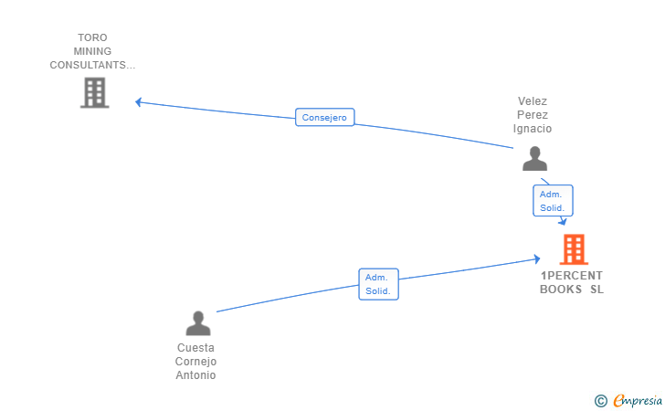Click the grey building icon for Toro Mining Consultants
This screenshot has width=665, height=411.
[95, 92]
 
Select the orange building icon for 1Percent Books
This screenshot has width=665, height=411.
[574, 249]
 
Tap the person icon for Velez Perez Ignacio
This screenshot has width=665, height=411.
[534, 159]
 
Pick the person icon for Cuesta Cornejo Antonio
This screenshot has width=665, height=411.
[198, 323]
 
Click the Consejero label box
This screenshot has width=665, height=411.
[325, 117]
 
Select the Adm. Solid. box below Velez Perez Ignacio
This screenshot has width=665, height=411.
[553, 201]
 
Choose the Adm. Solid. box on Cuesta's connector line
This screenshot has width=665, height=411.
[378, 284]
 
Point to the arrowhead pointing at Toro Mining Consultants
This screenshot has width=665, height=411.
[138, 102]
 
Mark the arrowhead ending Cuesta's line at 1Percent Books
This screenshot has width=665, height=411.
[537, 258]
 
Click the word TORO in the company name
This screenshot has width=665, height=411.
[92, 37]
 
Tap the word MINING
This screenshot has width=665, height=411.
[92, 51]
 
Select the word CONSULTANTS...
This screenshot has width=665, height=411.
[88, 65]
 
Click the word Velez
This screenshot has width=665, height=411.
[533, 101]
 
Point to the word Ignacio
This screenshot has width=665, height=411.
[533, 129]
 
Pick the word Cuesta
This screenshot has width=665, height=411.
[195, 348]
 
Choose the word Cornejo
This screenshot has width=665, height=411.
[195, 362]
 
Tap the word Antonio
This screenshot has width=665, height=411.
[195, 375]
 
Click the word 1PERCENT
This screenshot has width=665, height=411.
[571, 276]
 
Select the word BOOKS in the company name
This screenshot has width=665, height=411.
[561, 290]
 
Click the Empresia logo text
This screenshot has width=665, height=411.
[638, 401]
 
